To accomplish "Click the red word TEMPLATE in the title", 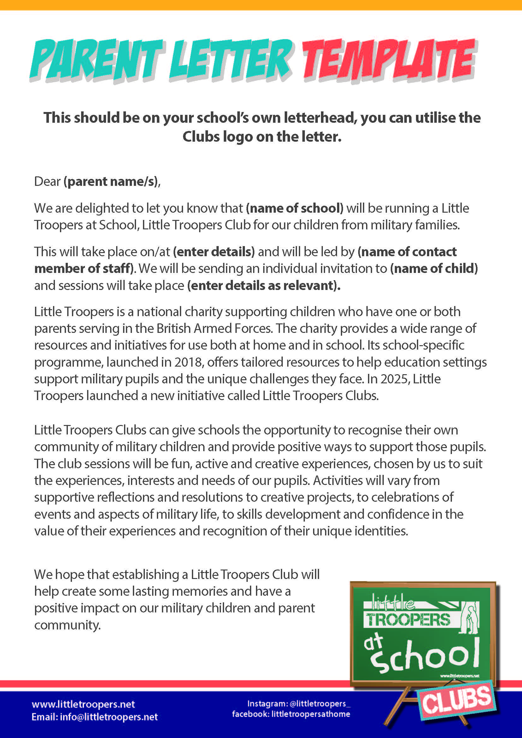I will point(389,59).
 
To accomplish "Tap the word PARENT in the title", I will point(97,59).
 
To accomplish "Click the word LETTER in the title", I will point(230,59).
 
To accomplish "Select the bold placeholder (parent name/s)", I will point(111,182).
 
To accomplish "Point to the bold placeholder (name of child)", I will point(434,269).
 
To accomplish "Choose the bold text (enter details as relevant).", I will point(264,286).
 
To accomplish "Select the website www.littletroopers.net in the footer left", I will point(83,704).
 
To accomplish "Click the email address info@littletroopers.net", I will point(109,717).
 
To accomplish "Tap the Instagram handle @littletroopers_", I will point(320,704).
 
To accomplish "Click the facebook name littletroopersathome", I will point(311,714).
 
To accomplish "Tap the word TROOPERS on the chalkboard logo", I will point(408,620).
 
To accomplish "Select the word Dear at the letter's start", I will point(47,182).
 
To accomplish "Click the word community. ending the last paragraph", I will point(68,625).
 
